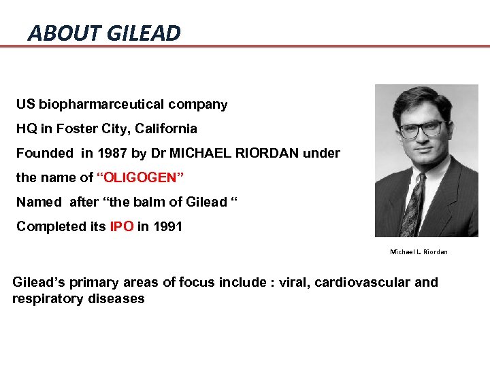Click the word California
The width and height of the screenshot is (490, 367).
coord(165,128)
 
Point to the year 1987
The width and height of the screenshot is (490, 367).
coord(112,153)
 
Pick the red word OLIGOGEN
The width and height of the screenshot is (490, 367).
coord(142,178)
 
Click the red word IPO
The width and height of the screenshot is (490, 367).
coord(122,226)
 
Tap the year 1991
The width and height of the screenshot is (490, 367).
coord(167,226)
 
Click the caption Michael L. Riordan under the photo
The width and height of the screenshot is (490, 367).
coord(419,252)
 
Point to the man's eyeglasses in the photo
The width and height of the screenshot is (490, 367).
coord(422,128)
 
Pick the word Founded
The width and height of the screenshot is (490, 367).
coord(44,153)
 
